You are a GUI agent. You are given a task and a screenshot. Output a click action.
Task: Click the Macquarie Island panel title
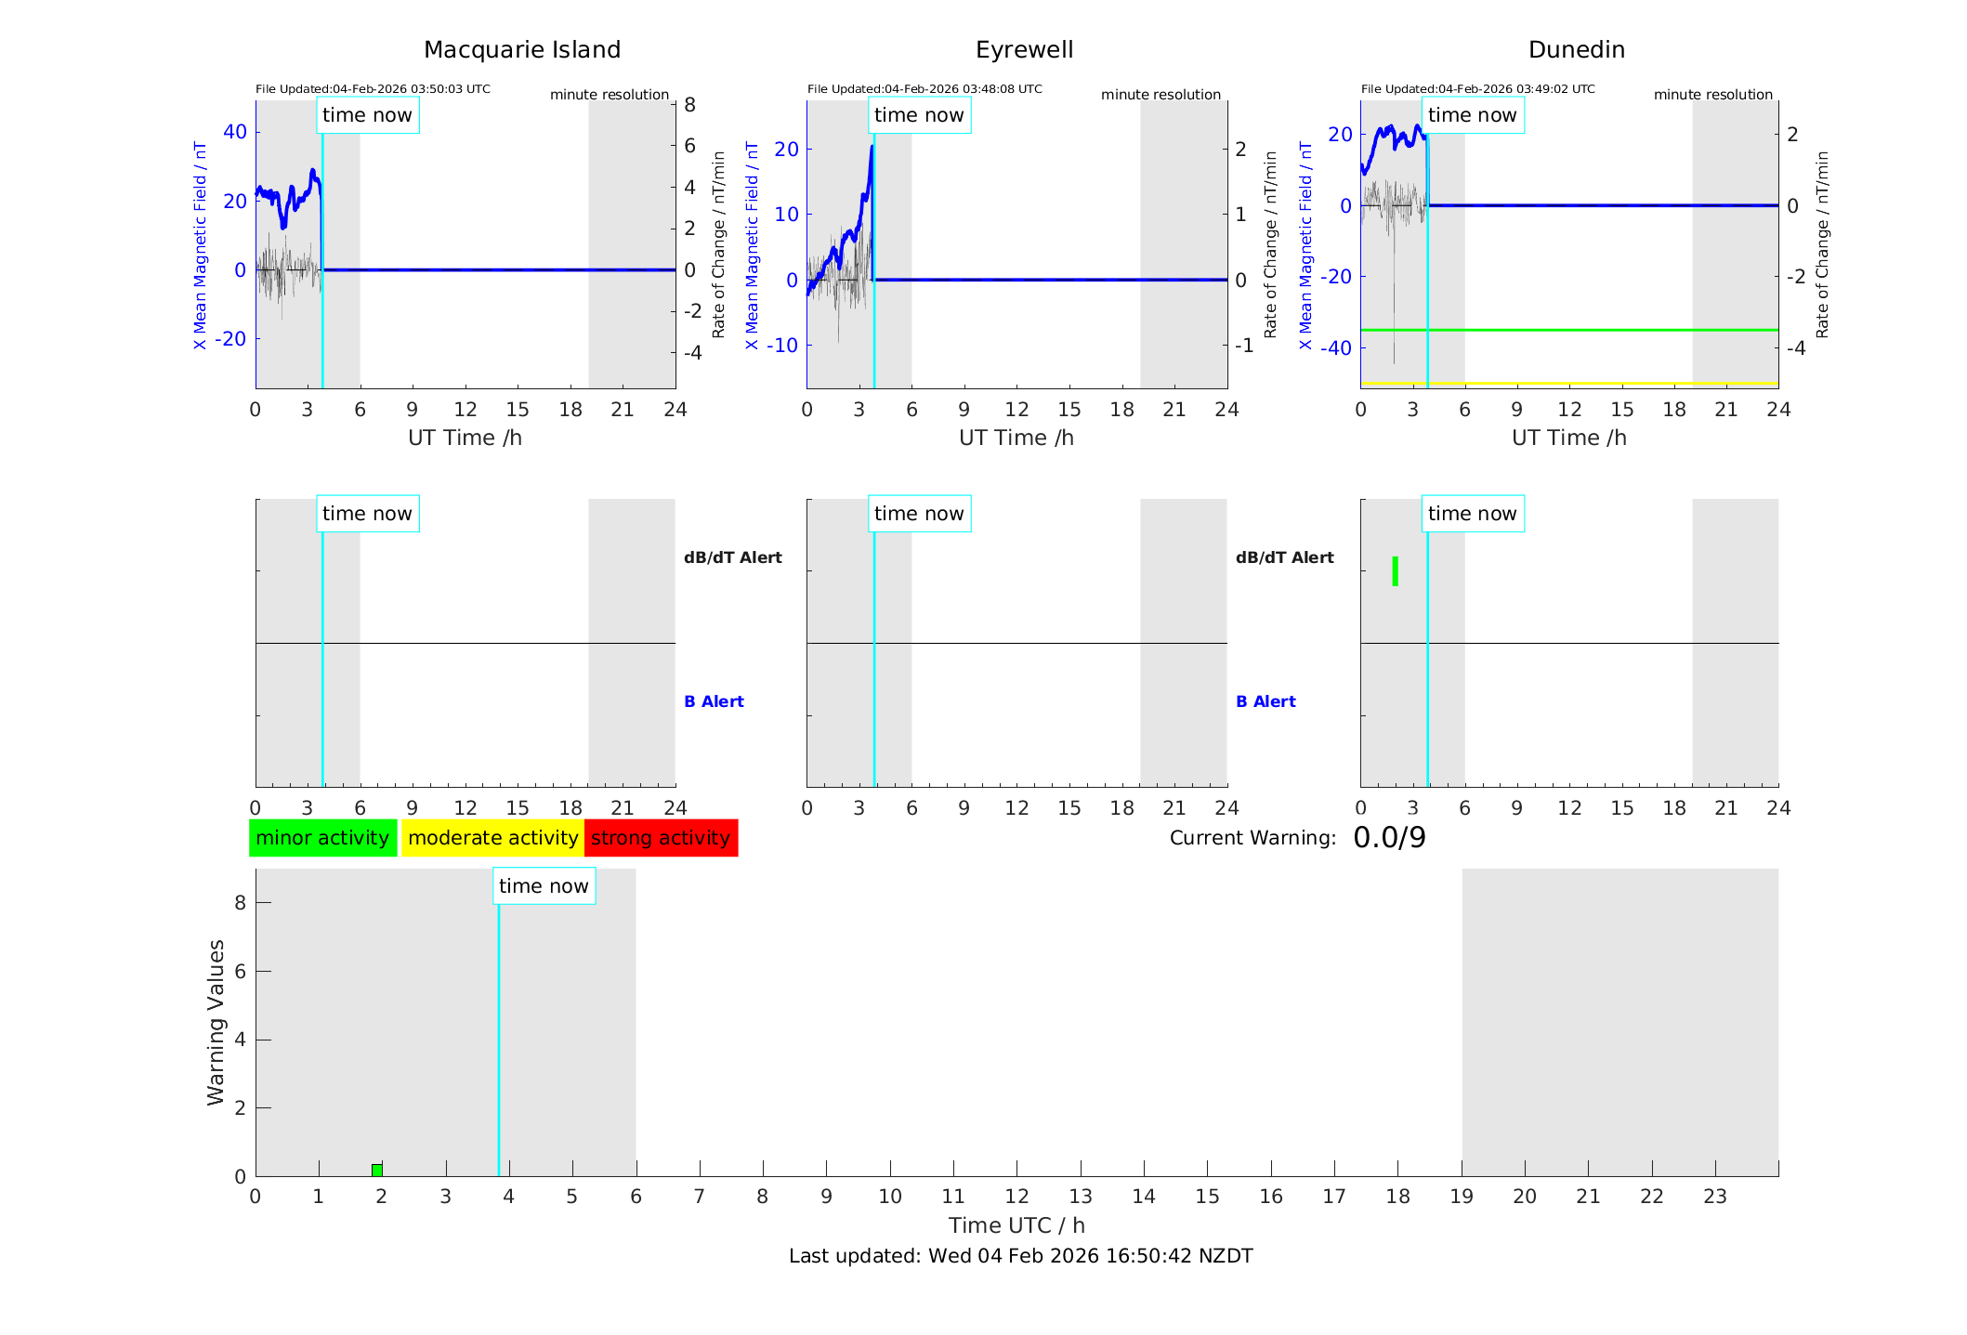coord(522,50)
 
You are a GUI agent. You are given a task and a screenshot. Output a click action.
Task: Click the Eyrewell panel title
coord(1024,50)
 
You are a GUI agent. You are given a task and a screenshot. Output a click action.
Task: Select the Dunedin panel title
coord(1576,50)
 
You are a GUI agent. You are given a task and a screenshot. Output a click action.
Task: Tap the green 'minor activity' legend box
coord(322,838)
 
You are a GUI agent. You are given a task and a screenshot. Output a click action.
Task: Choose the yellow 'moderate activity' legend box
coord(492,838)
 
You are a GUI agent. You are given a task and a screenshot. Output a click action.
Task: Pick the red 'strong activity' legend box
coord(661,838)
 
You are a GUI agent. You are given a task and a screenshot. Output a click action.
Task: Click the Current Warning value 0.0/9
coord(1389,838)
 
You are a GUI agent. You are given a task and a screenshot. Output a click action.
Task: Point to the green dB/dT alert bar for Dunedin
coord(1395,571)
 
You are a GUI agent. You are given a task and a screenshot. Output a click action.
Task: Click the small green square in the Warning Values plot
coord(377,1170)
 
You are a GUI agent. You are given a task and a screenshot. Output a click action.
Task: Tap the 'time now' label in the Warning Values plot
coord(544,886)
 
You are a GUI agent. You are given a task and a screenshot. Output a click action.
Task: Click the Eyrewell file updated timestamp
coord(924,89)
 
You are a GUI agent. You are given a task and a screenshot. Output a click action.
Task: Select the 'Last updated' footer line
coord(1020,1256)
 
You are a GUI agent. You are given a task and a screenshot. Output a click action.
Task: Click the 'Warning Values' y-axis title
coord(216,1022)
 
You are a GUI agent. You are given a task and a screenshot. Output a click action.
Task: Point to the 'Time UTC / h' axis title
coord(1016,1225)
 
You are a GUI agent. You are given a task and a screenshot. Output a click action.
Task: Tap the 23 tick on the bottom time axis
coord(1714,1197)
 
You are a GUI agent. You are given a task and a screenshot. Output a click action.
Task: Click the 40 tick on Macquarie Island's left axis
coord(235,132)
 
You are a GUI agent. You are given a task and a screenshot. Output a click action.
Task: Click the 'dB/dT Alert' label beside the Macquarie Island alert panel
coord(733,557)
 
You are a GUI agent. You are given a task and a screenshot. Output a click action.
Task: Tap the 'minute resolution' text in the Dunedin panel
coord(1712,95)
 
